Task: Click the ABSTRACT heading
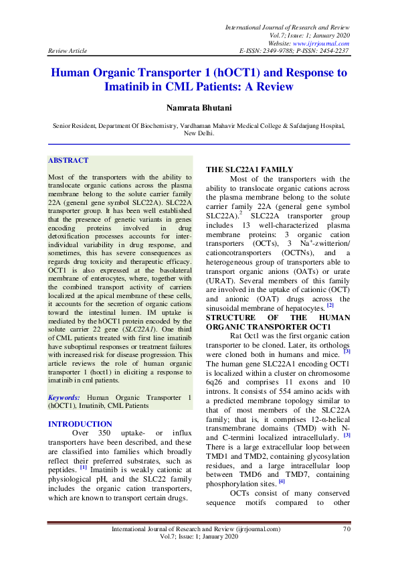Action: [x=68, y=161]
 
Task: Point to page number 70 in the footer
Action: [x=346, y=529]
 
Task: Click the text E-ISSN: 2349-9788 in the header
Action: [x=267, y=50]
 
